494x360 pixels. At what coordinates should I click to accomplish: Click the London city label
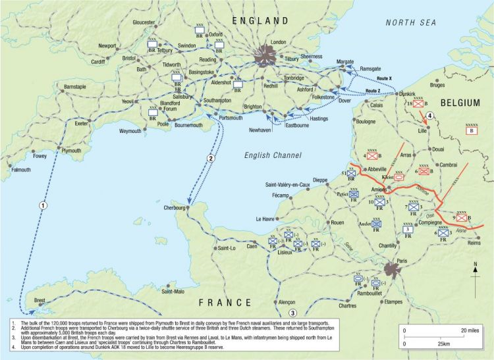279,42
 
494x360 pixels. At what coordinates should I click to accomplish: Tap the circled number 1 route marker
42,205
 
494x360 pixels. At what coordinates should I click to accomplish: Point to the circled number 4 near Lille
429,117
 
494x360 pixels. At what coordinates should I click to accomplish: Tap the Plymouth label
70,151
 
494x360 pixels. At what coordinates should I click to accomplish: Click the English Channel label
273,155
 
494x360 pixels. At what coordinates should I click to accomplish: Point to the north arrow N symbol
475,265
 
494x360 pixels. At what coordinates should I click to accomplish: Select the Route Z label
373,91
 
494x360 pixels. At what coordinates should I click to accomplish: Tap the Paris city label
402,261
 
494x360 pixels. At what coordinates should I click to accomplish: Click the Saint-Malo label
176,291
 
